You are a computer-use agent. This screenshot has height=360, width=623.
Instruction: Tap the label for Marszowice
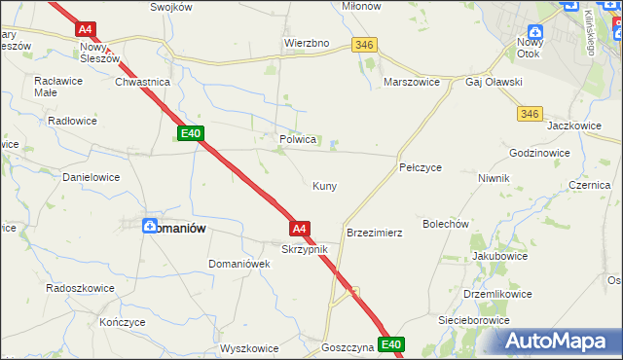414,83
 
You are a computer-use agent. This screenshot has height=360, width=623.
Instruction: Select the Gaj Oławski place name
495,83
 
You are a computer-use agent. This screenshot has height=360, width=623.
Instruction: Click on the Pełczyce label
421,167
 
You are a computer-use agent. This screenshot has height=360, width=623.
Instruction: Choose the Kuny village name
324,185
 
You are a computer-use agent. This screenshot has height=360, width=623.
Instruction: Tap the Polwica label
299,139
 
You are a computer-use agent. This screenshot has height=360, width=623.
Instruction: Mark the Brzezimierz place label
375,234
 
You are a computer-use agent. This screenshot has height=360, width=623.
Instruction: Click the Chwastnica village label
143,83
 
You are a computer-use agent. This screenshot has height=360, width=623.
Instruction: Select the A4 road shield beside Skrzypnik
300,229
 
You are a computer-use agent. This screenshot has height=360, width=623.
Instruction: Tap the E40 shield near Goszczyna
391,344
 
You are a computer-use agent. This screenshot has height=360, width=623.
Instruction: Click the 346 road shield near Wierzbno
365,45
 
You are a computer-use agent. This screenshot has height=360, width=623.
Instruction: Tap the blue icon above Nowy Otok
534,33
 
